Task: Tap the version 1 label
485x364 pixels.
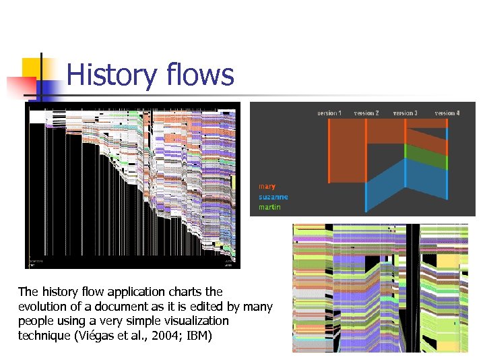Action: point(329,113)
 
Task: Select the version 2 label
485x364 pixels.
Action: point(366,113)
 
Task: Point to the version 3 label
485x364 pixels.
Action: point(405,113)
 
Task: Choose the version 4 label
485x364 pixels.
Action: point(447,113)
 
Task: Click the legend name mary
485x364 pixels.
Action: point(267,187)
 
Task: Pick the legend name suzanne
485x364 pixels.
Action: point(273,197)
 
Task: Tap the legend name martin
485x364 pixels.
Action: point(270,207)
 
